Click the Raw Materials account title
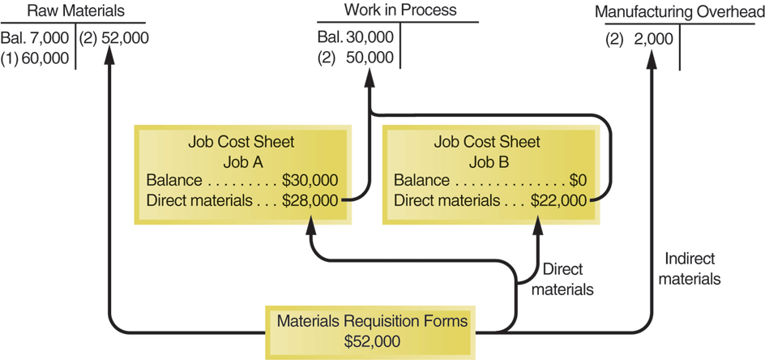(x=76, y=11)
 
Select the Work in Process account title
(x=400, y=11)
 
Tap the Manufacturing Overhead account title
(x=678, y=14)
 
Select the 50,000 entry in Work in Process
(x=370, y=58)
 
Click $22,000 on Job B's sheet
(x=558, y=199)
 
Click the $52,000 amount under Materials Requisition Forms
(x=372, y=341)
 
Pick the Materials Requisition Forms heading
(x=372, y=321)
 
